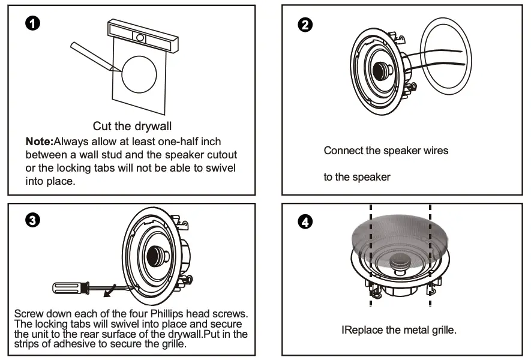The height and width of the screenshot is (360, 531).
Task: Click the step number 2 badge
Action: (305, 25)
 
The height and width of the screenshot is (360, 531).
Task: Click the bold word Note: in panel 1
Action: (39, 142)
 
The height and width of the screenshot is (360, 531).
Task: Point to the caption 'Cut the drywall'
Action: (132, 127)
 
